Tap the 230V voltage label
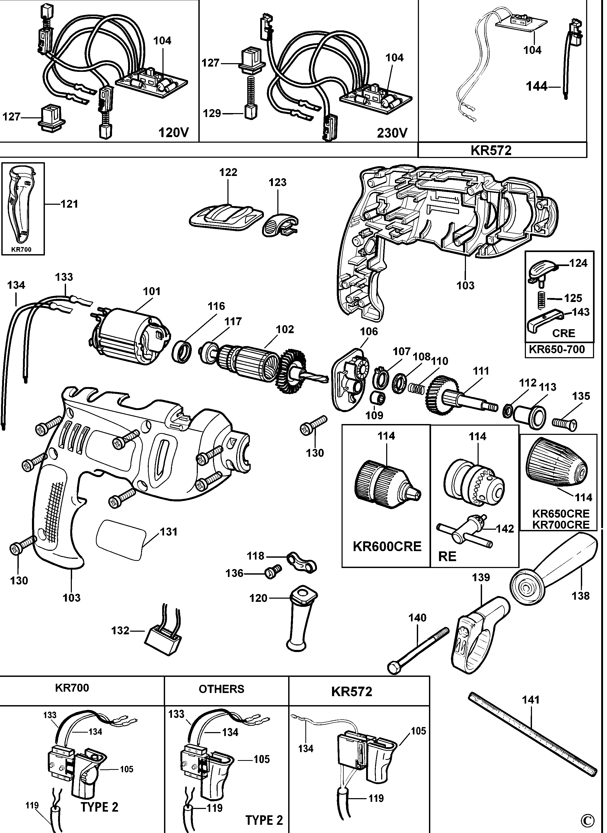392,133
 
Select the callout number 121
69,204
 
